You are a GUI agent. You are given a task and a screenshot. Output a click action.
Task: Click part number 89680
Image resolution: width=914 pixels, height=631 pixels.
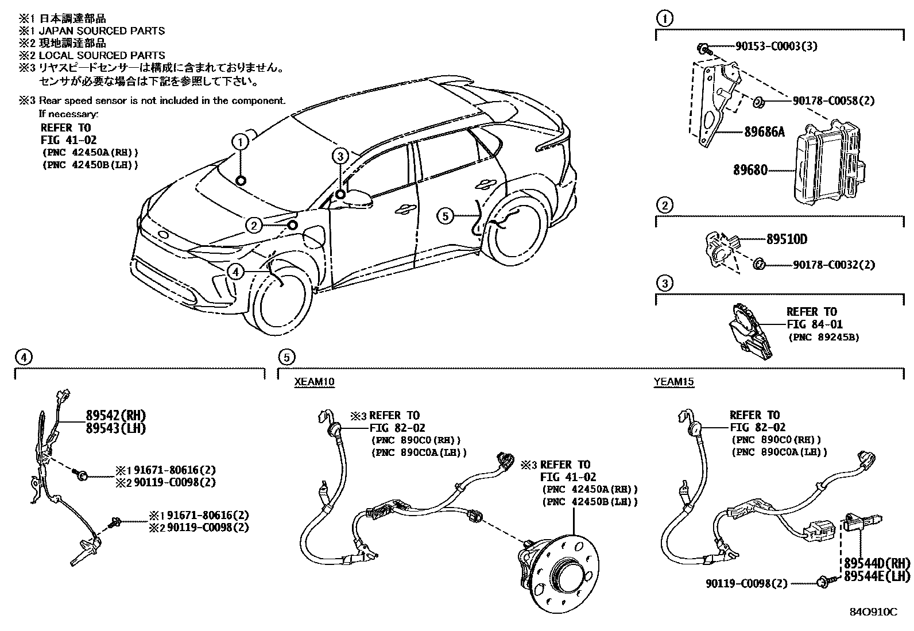(x=750, y=170)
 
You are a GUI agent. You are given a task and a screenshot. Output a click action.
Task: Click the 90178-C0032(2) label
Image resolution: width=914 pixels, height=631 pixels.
(x=834, y=265)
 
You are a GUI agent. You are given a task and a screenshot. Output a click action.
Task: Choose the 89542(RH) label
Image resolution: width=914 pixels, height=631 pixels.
(x=116, y=415)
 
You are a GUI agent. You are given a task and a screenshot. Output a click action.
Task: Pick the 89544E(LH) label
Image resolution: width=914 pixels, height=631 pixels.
(x=877, y=575)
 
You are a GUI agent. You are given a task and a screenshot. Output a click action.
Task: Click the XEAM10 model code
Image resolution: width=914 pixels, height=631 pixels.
(x=315, y=382)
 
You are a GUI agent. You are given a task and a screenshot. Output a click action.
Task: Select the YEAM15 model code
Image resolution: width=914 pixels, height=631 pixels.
(x=673, y=382)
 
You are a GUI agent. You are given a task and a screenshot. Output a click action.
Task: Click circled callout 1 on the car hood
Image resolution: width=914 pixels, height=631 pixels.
(x=241, y=141)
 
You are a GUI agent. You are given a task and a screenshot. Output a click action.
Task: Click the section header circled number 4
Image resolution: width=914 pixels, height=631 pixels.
(x=22, y=358)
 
